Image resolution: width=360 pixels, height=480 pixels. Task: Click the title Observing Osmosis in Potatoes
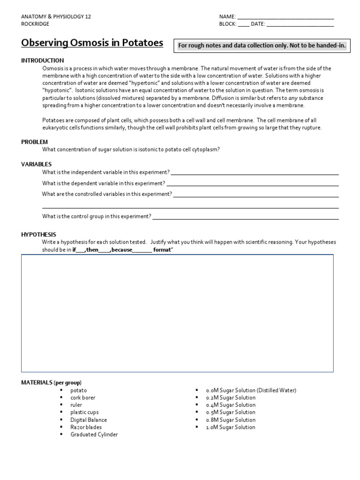coord(92,43)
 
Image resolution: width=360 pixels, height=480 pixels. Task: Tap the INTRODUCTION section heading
coord(43,60)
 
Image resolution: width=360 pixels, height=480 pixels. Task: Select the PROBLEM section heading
coord(35,142)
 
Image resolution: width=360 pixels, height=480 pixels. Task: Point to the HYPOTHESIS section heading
coord(38,234)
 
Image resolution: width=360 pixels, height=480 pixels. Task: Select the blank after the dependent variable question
coord(253,183)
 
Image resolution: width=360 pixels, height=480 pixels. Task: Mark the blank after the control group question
coord(246,217)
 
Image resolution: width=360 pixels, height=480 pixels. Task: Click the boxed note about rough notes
coord(262,45)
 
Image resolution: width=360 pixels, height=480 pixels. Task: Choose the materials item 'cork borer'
coord(83,397)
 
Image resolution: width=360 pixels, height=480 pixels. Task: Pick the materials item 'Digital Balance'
coord(89,420)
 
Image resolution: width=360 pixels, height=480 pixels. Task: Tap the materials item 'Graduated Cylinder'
coord(94,435)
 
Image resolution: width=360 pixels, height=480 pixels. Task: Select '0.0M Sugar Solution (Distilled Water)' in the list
coord(251,390)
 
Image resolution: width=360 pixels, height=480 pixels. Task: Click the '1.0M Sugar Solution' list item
coord(231,427)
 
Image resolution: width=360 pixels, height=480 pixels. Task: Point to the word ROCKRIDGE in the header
coord(35,24)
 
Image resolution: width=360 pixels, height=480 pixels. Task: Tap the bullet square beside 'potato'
coord(61,390)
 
